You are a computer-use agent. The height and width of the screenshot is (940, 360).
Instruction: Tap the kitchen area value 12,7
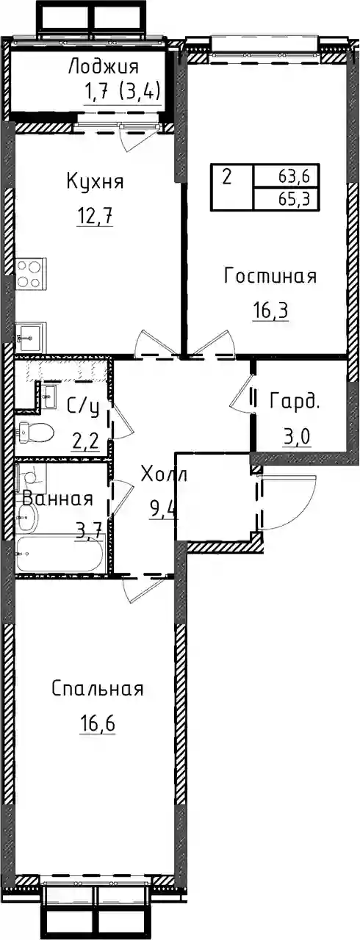click(96, 217)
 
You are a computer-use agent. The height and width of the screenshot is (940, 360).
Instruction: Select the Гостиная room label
click(270, 276)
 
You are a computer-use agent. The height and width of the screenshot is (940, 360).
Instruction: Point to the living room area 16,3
click(270, 312)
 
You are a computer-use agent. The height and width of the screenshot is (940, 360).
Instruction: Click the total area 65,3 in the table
click(293, 200)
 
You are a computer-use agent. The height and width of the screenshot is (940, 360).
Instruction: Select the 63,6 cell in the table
click(293, 177)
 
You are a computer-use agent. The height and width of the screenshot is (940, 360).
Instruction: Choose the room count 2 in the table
click(227, 178)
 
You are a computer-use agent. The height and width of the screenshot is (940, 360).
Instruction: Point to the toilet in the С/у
click(36, 431)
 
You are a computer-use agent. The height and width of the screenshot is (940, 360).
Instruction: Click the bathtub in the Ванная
click(60, 554)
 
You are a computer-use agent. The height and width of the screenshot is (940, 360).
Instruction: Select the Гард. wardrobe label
click(295, 401)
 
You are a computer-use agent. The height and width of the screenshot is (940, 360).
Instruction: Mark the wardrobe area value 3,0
click(296, 439)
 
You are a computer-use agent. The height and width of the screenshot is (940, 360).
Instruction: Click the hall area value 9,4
click(164, 511)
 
